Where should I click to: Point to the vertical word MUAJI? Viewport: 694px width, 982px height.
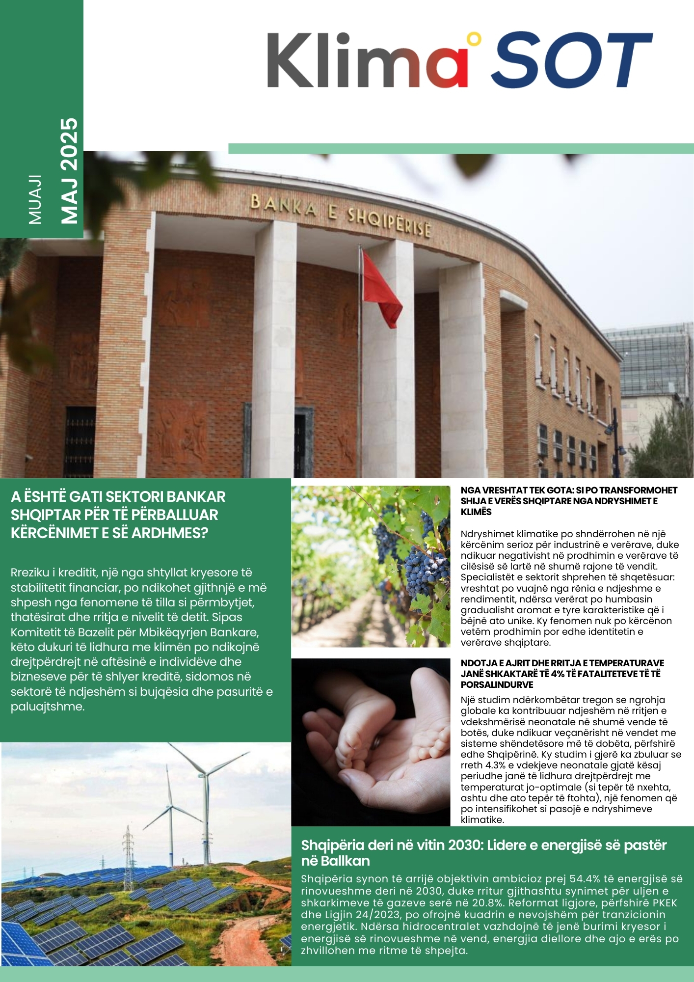[35, 199]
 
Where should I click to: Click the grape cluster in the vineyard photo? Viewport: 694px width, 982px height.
[423, 570]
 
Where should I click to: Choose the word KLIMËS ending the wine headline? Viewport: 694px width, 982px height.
[476, 512]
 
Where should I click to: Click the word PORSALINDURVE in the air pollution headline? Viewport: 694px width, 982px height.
[497, 684]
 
